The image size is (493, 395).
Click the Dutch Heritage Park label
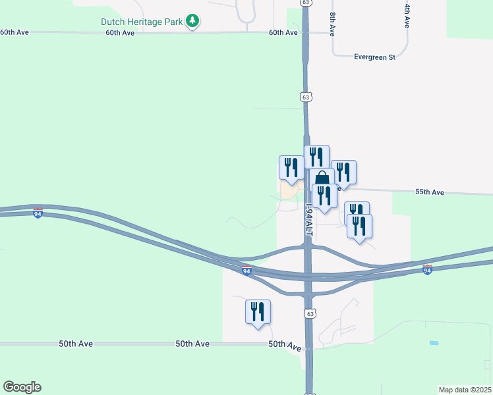[141, 22]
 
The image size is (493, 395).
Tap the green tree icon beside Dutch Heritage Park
[192, 22]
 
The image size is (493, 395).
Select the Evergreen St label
[374, 57]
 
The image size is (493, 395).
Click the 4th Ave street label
[407, 15]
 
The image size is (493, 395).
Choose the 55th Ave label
[430, 192]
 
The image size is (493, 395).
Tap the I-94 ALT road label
[308, 221]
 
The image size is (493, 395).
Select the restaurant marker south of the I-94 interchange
[258, 311]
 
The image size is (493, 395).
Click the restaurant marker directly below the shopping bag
[324, 196]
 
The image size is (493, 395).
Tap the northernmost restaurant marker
[316, 157]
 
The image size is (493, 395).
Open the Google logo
[22, 387]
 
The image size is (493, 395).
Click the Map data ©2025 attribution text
[464, 390]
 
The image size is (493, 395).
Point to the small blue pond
[433, 343]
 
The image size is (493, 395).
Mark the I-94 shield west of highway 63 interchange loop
[246, 271]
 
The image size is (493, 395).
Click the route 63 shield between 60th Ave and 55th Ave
[305, 97]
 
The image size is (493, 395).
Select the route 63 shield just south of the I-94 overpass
[310, 313]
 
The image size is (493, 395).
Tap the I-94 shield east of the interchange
[427, 269]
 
